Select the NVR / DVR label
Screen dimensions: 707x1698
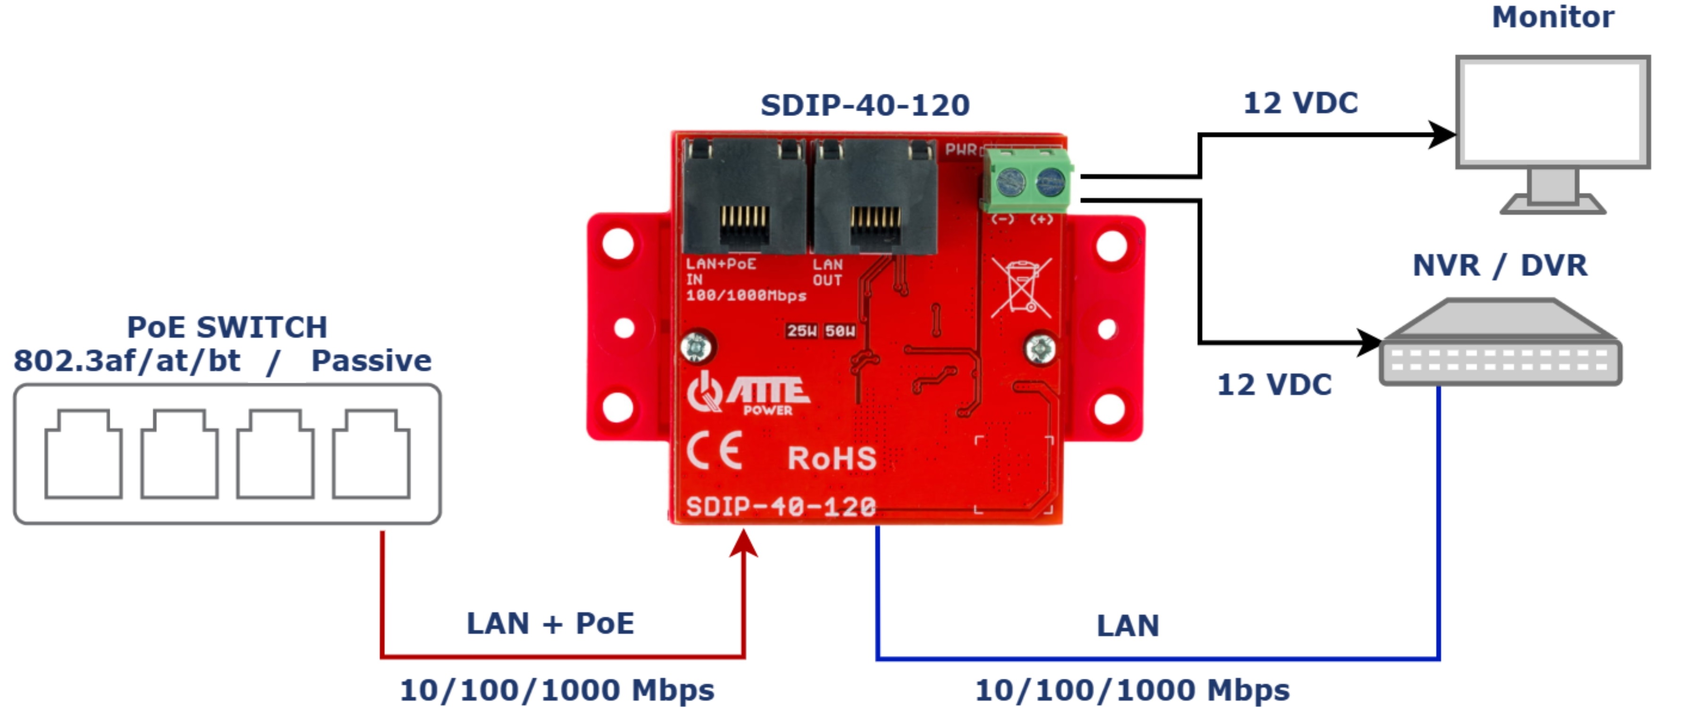click(1499, 265)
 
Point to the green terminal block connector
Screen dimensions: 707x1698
click(1027, 181)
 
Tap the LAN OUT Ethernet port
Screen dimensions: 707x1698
click(875, 197)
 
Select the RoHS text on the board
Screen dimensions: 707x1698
click(832, 459)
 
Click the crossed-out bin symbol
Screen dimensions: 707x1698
click(1021, 287)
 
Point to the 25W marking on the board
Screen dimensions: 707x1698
click(801, 331)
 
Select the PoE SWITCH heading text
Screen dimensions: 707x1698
click(227, 328)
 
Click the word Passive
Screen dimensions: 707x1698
click(371, 361)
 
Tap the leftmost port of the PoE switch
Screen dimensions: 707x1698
click(83, 455)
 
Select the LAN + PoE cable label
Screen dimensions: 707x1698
click(550, 623)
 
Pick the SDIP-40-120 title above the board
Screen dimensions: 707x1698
click(865, 106)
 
